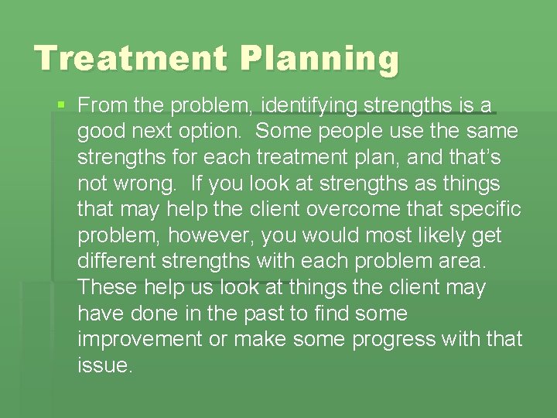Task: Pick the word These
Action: [106, 288]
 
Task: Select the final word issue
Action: [105, 366]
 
